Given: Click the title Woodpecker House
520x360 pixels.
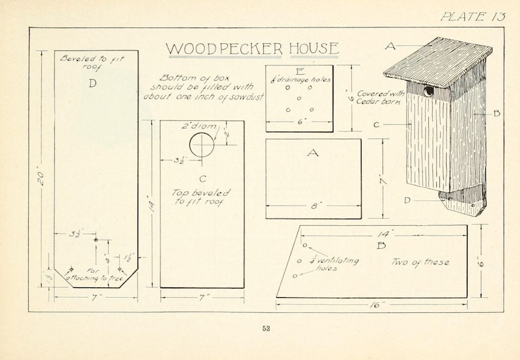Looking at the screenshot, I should point(252,48).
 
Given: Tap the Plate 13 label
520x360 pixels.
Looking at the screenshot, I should point(473,16).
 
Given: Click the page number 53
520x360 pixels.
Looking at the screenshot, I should point(266,329).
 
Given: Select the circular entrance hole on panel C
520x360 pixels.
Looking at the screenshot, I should point(202,142).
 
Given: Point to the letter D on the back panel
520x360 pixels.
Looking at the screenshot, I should point(92,83).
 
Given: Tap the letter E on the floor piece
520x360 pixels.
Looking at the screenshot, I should point(299,71).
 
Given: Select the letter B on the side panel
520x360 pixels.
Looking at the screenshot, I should point(381,245).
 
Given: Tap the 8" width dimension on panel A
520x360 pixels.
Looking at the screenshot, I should point(314,205).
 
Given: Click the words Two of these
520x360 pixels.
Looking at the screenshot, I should point(420,262).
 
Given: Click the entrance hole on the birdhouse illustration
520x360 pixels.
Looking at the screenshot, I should point(429,91).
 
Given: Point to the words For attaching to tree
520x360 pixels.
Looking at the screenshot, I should point(95,274).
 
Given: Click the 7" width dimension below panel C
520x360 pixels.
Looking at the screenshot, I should point(202,297).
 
